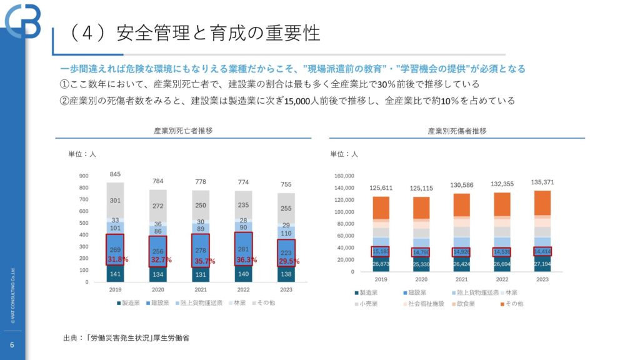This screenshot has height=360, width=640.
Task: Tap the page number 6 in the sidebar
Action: (x=12, y=345)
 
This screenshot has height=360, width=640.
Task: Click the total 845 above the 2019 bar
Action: (x=116, y=174)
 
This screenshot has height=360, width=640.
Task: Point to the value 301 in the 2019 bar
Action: (x=116, y=201)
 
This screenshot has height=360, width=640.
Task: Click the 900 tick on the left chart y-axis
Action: (x=84, y=176)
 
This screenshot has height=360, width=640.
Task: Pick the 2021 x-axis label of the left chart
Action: (x=201, y=290)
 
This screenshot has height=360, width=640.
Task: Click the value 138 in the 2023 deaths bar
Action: (x=285, y=274)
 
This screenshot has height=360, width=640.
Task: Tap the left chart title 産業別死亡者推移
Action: (x=183, y=131)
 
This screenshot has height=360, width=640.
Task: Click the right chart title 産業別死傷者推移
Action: (x=457, y=131)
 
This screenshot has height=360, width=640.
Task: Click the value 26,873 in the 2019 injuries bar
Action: (x=381, y=264)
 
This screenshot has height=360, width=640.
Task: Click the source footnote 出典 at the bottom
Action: (x=126, y=337)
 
